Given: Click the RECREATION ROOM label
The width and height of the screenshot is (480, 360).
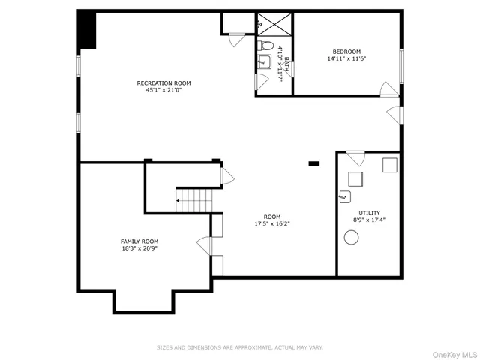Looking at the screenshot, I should pyautogui.click(x=163, y=82).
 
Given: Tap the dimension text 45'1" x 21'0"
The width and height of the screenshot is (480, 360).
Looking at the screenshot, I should pyautogui.click(x=163, y=90).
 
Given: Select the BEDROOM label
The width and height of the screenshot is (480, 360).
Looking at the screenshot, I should pyautogui.click(x=346, y=52).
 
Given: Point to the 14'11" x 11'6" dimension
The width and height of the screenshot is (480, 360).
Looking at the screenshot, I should pyautogui.click(x=346, y=59).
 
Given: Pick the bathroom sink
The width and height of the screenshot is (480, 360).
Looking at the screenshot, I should pyautogui.click(x=263, y=61).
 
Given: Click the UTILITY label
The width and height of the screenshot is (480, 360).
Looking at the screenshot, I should pyautogui.click(x=368, y=213).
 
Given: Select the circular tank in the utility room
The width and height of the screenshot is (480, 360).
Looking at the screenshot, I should pyautogui.click(x=351, y=237).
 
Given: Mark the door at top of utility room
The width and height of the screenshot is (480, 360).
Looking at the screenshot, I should pyautogui.click(x=355, y=158).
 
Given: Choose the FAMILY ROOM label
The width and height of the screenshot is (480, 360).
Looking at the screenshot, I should pyautogui.click(x=139, y=241).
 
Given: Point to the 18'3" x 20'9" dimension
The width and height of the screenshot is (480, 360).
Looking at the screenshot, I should pyautogui.click(x=139, y=248).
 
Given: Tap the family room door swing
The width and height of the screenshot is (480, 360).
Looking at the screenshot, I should pyautogui.click(x=204, y=245).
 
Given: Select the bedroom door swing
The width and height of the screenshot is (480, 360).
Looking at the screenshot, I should pyautogui.click(x=389, y=89).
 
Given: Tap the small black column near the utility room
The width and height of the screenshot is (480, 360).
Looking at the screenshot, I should pyautogui.click(x=314, y=163).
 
